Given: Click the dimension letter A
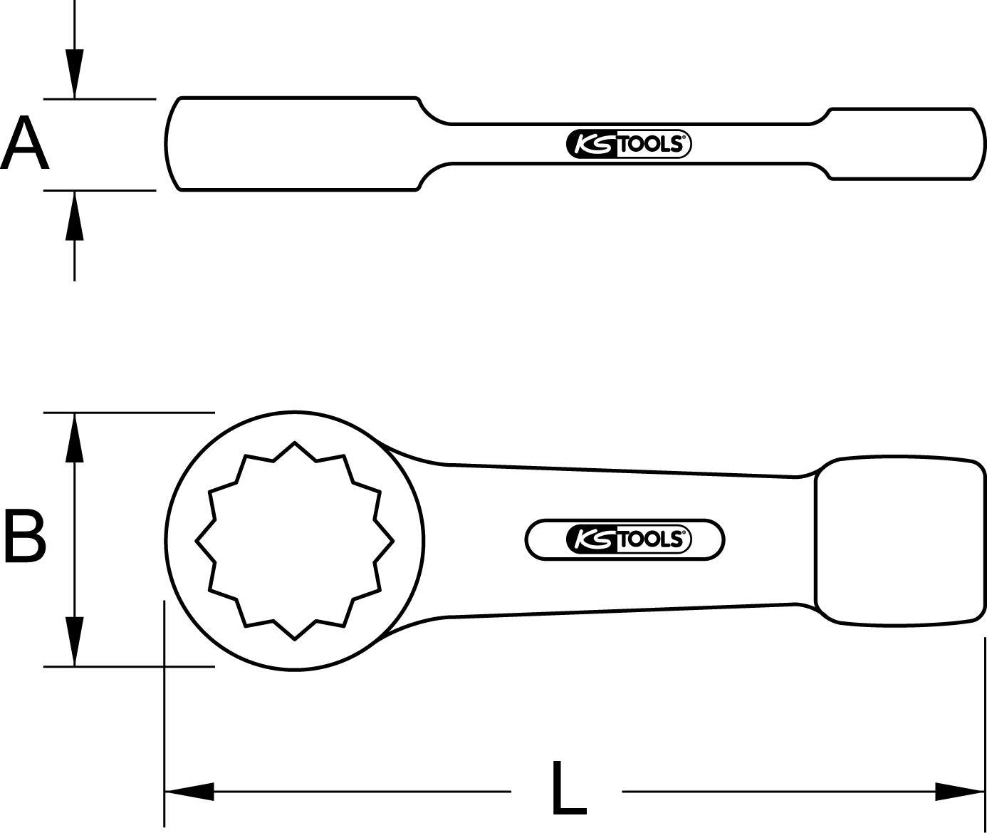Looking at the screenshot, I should tap(25, 145).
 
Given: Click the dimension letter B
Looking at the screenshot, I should tap(25, 534).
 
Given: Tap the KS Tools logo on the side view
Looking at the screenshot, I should tap(629, 145).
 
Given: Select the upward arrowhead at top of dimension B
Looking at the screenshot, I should tap(74, 438).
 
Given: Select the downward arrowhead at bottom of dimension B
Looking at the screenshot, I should tap(74, 641).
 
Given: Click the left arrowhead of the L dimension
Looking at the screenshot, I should tap(189, 791).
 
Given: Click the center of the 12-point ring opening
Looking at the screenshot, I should tap(295, 541).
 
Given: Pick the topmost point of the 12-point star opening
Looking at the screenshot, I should tap(295, 443).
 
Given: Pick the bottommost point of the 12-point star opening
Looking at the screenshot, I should tap(295, 639).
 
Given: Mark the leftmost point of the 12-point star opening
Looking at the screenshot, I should tap(197, 542).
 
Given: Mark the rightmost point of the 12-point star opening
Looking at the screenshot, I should tap(393, 542).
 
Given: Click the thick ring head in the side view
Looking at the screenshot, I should tap(292, 143).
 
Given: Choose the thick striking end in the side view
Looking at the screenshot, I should tap(904, 143).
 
